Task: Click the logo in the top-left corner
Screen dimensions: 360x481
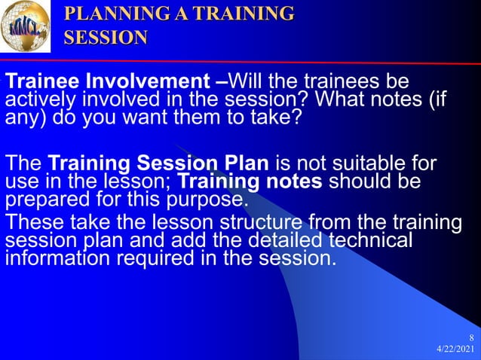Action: point(26,26)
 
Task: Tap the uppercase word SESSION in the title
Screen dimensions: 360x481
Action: point(106,38)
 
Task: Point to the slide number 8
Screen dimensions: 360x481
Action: point(471,337)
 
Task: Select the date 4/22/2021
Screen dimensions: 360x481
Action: point(456,349)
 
